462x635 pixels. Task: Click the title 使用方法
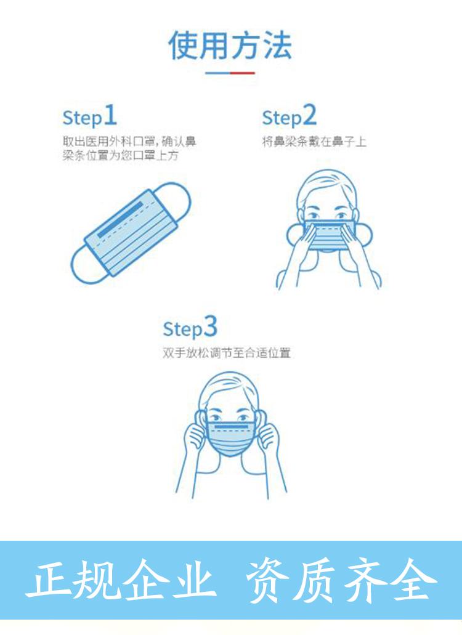coord(230,45)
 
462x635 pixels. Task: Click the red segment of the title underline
coord(243,73)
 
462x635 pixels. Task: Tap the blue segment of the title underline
coord(218,73)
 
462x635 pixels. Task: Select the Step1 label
coord(89,116)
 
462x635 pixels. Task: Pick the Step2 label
coord(289,116)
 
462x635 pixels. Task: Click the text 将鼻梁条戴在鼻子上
coord(314,142)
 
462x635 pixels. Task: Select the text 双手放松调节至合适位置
coord(227,353)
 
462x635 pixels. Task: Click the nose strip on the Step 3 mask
coord(230,427)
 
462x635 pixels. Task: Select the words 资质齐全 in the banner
coord(341,580)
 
